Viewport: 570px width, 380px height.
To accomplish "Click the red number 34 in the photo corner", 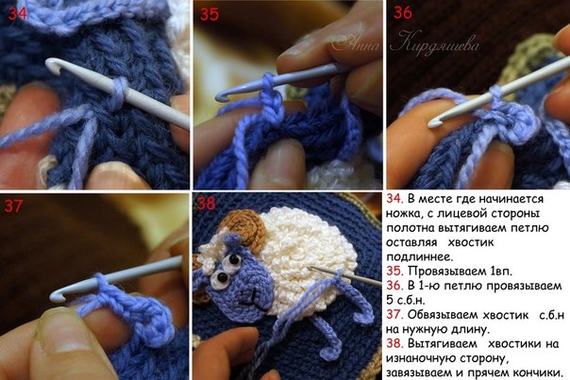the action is pyautogui.click(x=17, y=13).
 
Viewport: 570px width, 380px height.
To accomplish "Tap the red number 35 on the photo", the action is pyautogui.click(x=210, y=14).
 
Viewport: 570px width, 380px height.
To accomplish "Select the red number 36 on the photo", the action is pyautogui.click(x=403, y=12).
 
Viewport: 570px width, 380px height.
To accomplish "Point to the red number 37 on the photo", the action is pyautogui.click(x=14, y=207).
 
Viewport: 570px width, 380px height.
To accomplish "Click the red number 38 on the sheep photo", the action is pyautogui.click(x=206, y=204).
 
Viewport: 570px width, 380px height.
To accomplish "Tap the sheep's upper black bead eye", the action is pyautogui.click(x=234, y=260).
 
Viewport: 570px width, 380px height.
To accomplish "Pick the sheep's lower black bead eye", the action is pyautogui.click(x=223, y=277).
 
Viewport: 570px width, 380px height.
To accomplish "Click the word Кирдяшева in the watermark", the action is pyautogui.click(x=435, y=44).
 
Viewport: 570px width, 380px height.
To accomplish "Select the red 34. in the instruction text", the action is pyautogui.click(x=394, y=199).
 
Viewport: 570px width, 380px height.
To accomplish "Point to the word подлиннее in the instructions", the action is pyautogui.click(x=420, y=257).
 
